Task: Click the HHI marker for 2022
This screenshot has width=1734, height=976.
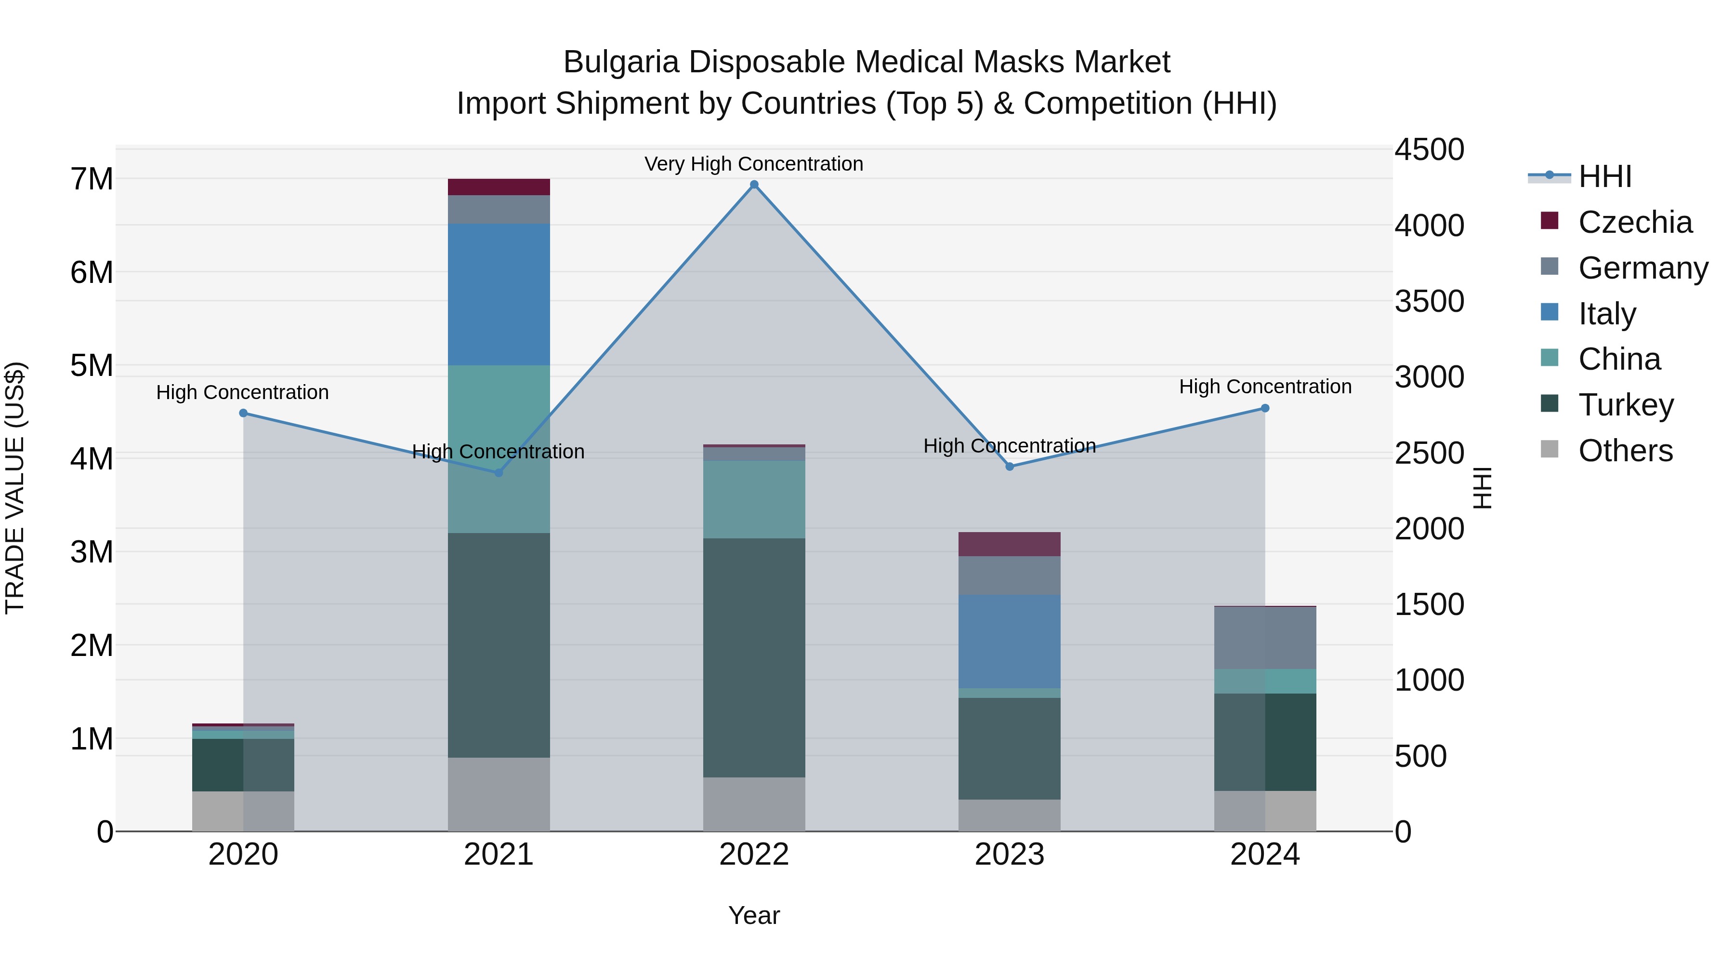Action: click(x=754, y=185)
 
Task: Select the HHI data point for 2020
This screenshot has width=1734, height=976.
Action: click(x=243, y=413)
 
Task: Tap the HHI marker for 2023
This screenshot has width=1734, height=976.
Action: click(x=1010, y=467)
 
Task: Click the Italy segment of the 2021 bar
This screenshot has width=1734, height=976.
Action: click(x=499, y=294)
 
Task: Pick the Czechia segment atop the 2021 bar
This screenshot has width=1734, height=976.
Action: click(x=499, y=187)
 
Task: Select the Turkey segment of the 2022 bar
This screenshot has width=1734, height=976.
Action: click(x=754, y=657)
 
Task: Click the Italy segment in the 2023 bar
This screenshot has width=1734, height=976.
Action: click(x=1010, y=641)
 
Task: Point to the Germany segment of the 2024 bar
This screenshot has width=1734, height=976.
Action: click(x=1265, y=638)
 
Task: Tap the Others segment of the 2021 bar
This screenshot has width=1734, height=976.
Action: click(x=499, y=794)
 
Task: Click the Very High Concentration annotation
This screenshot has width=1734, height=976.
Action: click(x=754, y=164)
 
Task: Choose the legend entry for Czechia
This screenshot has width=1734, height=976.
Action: click(x=1634, y=222)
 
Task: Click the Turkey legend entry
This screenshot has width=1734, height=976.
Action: click(x=1625, y=405)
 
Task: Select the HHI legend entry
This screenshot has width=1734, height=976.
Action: click(x=1604, y=176)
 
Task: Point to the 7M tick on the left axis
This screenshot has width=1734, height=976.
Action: click(x=92, y=179)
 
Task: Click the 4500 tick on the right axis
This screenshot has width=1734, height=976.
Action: click(x=1429, y=149)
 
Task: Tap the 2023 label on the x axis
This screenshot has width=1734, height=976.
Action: click(x=1010, y=855)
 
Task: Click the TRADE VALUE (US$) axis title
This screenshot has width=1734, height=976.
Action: click(x=15, y=488)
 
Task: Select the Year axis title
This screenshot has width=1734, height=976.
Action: click(x=754, y=915)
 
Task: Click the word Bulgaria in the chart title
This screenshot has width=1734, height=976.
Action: click(x=621, y=62)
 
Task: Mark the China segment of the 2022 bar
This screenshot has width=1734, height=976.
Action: click(x=754, y=499)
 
